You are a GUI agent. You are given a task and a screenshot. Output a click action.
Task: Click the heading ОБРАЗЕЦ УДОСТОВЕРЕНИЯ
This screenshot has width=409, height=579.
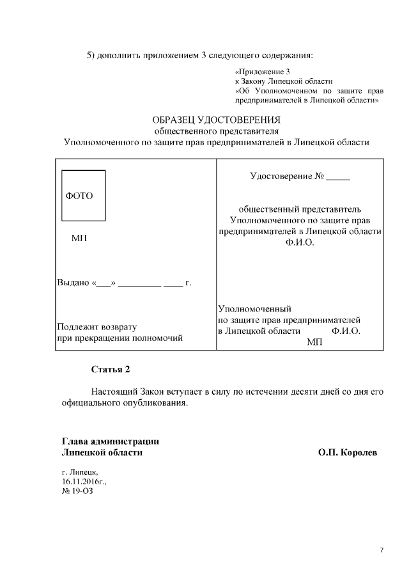point(216,120)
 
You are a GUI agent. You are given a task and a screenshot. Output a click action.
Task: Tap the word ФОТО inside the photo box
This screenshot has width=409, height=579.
point(79,196)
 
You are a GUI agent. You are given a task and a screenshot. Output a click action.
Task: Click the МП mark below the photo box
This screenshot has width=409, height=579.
point(79,238)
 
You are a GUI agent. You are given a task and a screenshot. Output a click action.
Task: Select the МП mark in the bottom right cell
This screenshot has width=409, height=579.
point(314,342)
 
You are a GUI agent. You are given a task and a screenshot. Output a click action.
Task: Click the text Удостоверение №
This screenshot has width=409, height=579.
point(287,176)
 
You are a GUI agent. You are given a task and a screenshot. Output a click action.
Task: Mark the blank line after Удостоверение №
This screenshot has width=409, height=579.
point(338,177)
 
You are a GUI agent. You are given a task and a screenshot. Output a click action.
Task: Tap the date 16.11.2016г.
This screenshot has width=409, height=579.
point(84,481)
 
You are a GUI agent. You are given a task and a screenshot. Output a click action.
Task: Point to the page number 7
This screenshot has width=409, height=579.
point(382,550)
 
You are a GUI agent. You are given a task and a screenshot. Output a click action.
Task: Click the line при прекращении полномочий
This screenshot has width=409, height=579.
point(120,338)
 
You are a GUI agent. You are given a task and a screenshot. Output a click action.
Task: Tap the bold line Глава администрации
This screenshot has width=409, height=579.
point(110,441)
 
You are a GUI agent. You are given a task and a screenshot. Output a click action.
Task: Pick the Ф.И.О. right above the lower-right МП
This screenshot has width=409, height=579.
point(346,331)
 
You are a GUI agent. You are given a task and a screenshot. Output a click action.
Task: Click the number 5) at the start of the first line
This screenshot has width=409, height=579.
point(91,54)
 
